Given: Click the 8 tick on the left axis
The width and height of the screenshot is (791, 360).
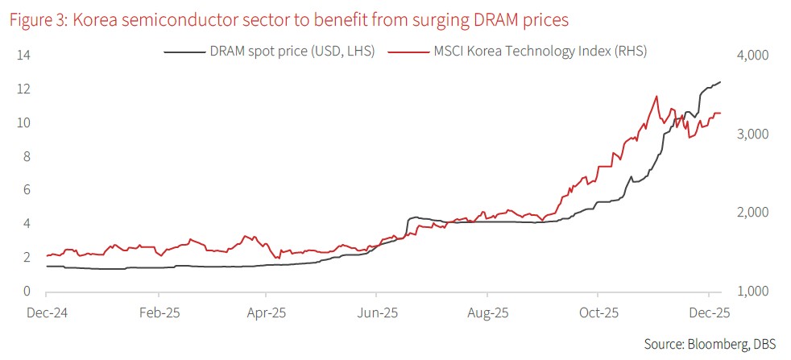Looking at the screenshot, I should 27,157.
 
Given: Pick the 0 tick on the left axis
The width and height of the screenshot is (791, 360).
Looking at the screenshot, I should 27,292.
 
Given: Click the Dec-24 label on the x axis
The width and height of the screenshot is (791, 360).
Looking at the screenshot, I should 48,312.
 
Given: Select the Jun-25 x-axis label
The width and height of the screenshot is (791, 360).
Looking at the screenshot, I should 376,312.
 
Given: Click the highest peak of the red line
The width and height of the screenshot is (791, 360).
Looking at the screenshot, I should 656,96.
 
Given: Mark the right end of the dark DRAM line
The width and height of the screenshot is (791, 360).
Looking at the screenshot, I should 720,81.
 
